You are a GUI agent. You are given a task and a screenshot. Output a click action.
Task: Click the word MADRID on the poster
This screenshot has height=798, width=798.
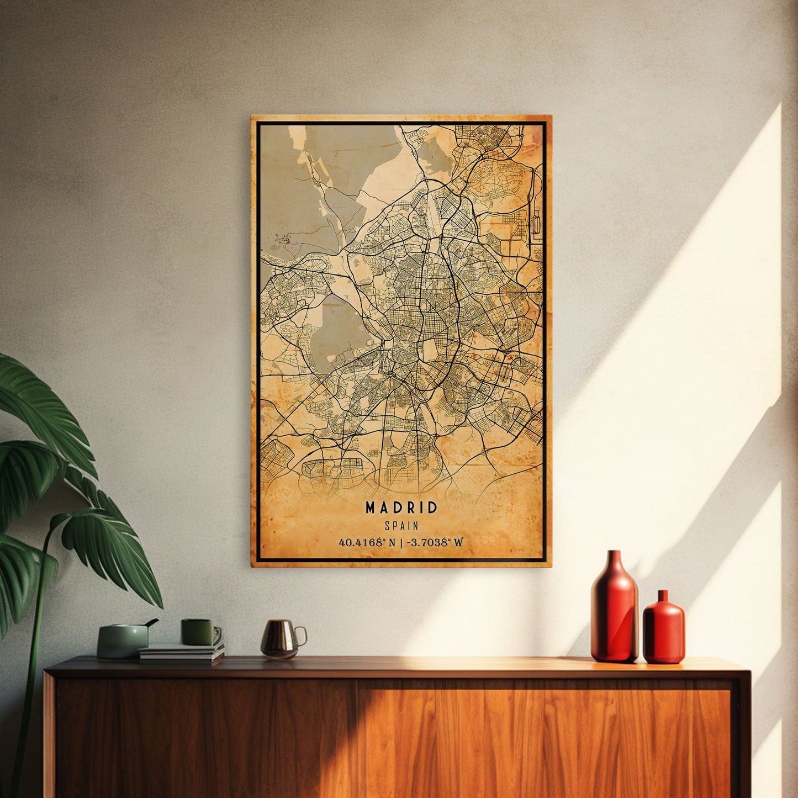point(401,508)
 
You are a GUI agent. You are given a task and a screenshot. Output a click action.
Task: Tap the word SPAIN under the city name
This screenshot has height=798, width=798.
point(401,526)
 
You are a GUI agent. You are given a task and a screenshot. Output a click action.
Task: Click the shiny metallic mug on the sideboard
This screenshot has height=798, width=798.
point(279,638)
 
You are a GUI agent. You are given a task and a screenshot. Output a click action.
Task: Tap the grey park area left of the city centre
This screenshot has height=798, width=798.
point(334,331)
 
